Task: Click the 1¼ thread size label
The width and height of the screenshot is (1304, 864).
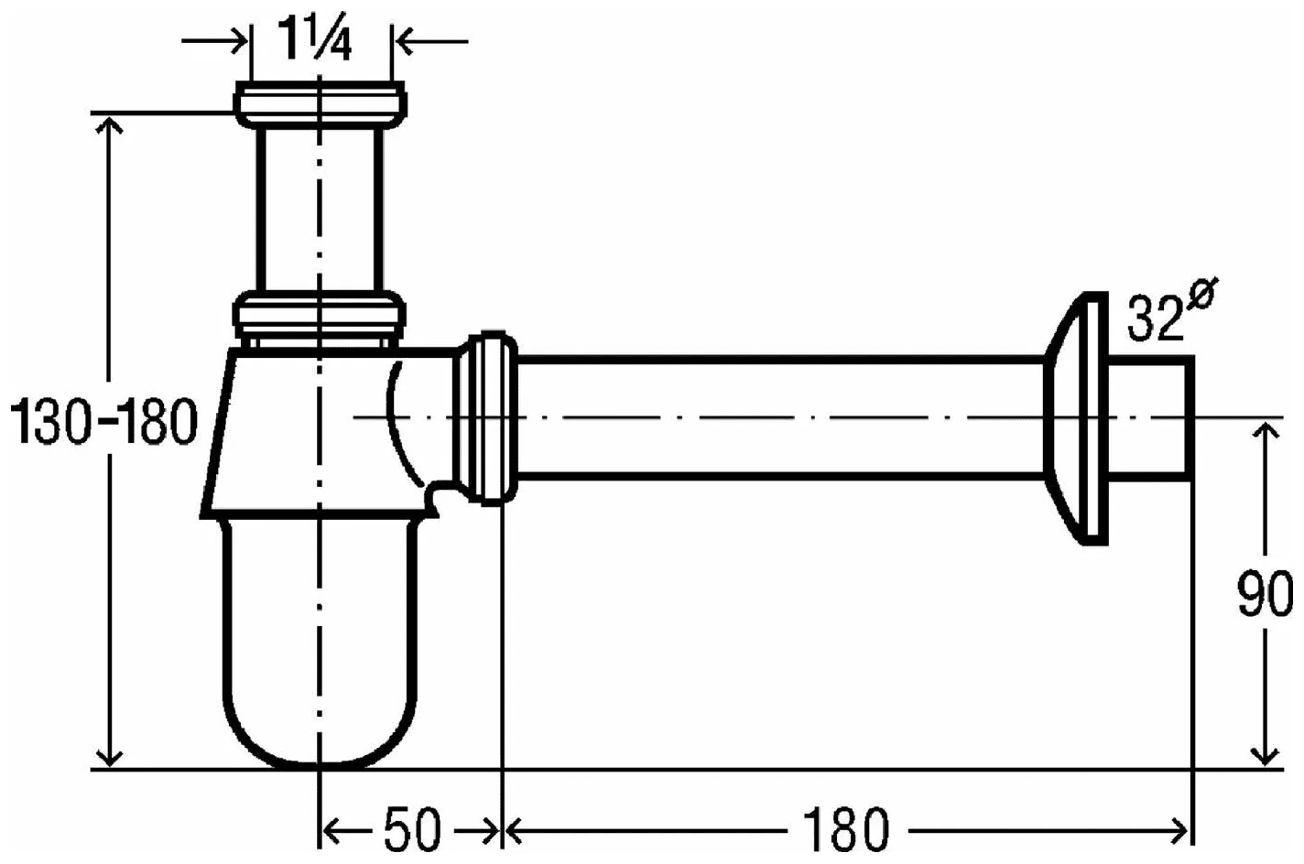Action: [316, 40]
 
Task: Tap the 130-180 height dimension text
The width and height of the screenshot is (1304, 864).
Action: [103, 423]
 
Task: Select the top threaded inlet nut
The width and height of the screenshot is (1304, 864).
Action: [320, 103]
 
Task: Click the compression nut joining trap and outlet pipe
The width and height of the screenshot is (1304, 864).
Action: [487, 416]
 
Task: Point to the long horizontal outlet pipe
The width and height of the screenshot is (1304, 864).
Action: [778, 416]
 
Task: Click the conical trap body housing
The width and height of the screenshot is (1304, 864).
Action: [302, 430]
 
